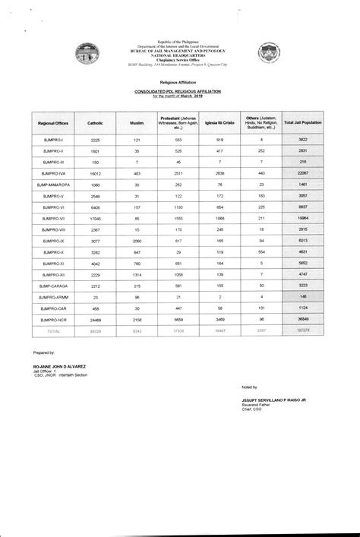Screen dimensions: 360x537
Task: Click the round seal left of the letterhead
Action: (x=85, y=55)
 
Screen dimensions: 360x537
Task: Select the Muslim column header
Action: (x=137, y=122)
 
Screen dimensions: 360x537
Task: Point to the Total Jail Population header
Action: (x=302, y=122)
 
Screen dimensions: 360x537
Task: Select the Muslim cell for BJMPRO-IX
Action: (x=137, y=240)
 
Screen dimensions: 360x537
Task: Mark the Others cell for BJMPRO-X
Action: (x=261, y=251)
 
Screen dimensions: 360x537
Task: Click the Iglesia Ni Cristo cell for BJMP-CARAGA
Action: (x=219, y=285)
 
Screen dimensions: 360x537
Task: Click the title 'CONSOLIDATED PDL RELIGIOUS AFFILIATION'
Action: (x=180, y=90)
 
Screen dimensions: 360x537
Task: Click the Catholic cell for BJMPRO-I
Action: (x=96, y=140)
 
